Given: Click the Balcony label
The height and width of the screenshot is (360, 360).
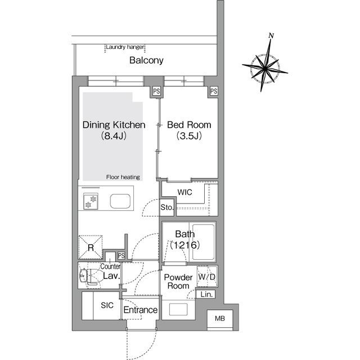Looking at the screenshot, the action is point(146,60).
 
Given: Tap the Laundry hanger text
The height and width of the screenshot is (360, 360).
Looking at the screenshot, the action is point(125,47).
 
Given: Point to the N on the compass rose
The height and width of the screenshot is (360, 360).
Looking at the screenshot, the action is point(271,35).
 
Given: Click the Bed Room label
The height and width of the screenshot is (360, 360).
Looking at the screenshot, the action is point(189,125).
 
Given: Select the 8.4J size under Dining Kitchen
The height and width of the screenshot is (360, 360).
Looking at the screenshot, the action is point(114,136).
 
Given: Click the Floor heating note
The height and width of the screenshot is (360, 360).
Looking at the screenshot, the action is point(123,177).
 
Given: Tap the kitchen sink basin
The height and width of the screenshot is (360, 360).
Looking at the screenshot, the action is point(120,201).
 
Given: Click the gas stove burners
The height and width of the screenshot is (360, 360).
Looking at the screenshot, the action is point(91,201).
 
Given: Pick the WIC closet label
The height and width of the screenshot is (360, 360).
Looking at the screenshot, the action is point(184,192).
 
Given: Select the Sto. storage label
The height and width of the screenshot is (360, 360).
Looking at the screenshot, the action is point(166,208).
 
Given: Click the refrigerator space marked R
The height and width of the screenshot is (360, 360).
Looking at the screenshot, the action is point(91,247).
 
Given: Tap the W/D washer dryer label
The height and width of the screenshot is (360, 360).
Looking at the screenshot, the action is point(206,277).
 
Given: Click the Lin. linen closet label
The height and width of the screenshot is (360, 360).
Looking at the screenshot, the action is point(206,294).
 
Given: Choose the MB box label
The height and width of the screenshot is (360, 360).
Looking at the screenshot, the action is point(220,318).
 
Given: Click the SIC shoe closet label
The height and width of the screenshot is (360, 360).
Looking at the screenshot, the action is point(107,305).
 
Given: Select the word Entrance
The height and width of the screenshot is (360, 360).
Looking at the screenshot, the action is point(141,310).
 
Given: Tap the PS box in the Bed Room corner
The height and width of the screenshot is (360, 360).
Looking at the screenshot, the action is point(214,91).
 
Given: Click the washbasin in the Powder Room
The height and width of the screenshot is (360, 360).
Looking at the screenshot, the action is point(178,309).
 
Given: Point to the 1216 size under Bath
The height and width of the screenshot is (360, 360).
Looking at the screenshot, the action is point(185,245).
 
